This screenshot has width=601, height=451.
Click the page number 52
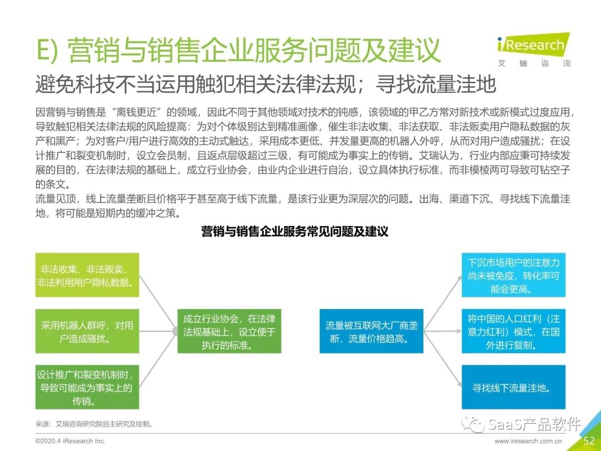[x=589, y=440]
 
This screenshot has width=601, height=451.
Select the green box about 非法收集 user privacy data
[x=87, y=275]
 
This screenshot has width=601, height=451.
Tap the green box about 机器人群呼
[x=87, y=331]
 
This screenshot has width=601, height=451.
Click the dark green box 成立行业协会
[x=229, y=331]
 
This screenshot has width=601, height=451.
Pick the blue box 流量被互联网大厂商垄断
[x=371, y=331]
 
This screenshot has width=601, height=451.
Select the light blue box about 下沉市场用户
[x=513, y=275]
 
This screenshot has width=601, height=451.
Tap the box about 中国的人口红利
[x=513, y=331]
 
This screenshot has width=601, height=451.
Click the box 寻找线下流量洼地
[x=513, y=388]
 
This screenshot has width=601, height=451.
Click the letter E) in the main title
[x=47, y=51]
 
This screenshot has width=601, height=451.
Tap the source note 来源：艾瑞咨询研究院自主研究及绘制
[x=93, y=424]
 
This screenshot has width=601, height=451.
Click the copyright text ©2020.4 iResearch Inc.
[x=70, y=440]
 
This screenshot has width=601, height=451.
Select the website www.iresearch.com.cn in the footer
[x=528, y=441]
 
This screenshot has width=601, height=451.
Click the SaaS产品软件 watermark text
[x=534, y=424]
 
